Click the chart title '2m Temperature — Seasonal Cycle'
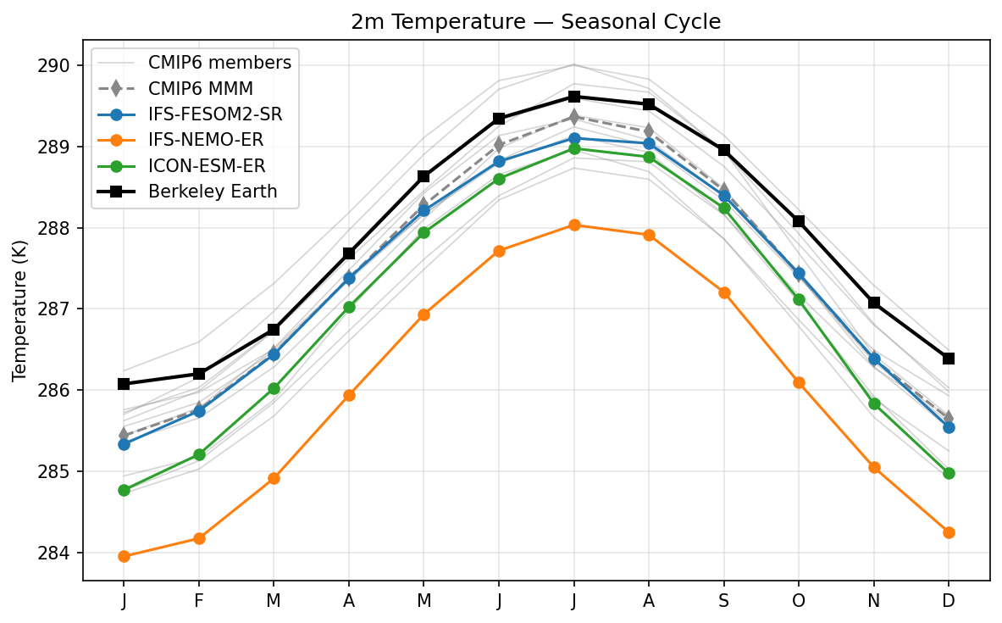pos(535,22)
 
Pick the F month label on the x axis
pos(199,600)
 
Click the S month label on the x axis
pos(724,600)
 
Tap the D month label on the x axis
pos(949,600)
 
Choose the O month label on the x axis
pos(799,600)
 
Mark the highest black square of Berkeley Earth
pos(574,97)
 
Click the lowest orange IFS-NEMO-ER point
pos(124,556)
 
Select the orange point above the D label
pos(949,532)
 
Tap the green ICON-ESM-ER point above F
pos(199,454)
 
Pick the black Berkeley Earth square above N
pos(874,303)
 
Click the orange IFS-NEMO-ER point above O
pos(799,382)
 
